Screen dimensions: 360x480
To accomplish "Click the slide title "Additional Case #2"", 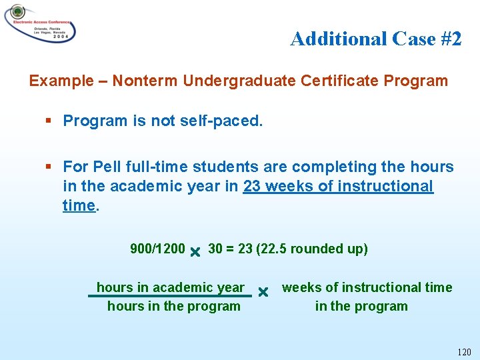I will pos(375,39).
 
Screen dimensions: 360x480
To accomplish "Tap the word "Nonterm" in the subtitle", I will pos(144,81).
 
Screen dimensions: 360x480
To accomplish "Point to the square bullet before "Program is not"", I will pos(49,121).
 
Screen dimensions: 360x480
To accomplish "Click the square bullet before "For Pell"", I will pos(49,167).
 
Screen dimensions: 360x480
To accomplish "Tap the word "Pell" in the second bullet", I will pos(107,167).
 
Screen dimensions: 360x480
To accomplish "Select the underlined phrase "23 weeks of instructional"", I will pos(338,186).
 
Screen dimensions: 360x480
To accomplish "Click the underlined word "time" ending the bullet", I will pos(79,205).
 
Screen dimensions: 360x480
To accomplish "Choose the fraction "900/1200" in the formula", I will pos(157,249).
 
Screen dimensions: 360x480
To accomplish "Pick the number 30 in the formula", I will pos(215,249).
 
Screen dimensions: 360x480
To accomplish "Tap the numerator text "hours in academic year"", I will pos(171,287).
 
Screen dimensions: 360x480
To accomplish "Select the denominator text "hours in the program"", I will pos(173,307).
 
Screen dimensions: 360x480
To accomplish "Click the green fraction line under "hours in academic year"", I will pos(170,296).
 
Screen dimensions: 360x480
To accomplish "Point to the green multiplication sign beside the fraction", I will pos(263,292).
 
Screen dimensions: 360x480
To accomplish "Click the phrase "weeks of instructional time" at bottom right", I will pos(367,287).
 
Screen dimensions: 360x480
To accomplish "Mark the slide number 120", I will pos(464,351).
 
